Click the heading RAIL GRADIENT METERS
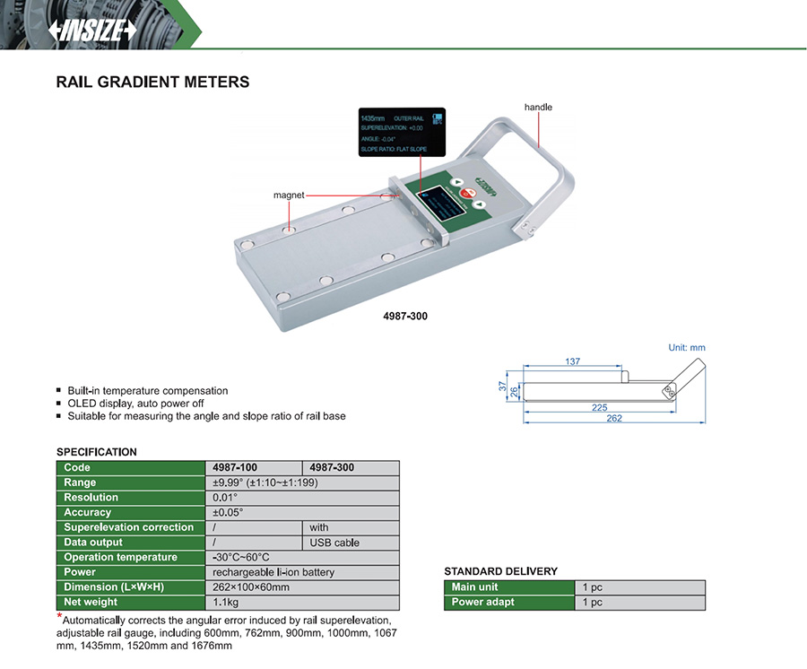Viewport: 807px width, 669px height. [152, 83]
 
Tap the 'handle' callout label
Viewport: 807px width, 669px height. [538, 108]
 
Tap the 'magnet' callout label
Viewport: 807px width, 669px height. [290, 195]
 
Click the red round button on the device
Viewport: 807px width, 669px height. [465, 194]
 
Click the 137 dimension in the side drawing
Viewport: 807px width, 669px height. [573, 361]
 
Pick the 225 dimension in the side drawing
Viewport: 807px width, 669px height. [599, 406]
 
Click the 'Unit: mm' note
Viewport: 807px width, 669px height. [687, 347]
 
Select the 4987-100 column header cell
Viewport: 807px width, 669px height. [234, 467]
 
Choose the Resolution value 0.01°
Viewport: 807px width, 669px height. [225, 498]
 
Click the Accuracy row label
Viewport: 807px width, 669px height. [88, 513]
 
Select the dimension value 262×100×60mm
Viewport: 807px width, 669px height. [250, 587]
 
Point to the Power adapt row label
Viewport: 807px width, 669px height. [483, 603]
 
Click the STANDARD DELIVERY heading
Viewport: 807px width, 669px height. [500, 571]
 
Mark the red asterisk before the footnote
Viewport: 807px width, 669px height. [60, 616]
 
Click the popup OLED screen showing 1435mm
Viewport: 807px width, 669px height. [402, 134]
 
